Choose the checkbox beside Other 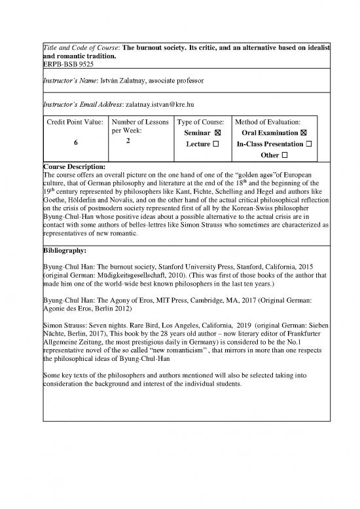[285, 155]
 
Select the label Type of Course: [201, 123]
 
